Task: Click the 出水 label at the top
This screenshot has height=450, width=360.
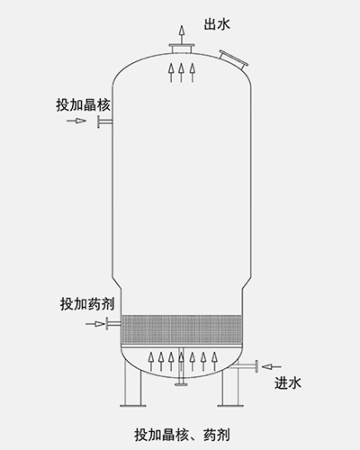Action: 217,24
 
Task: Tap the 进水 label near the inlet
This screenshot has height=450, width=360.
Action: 288,383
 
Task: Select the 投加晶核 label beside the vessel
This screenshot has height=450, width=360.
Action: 83,105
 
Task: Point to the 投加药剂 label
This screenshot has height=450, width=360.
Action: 87,304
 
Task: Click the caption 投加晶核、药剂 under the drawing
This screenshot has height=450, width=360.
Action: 182,436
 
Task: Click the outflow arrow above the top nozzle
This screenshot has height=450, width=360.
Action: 181,34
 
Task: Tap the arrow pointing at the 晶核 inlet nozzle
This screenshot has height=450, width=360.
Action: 76,121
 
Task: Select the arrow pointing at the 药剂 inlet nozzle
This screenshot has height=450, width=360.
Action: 95,324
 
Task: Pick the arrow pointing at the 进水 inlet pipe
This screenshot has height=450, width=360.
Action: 272,366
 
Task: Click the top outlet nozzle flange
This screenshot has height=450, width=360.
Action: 181,49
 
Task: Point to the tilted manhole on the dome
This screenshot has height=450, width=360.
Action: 234,59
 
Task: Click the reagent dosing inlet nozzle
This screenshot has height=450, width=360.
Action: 112,324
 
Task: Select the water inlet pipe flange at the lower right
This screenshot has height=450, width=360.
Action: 256,366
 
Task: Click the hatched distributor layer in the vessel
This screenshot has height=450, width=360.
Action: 181,329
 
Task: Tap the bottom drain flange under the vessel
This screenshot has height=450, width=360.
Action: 181,384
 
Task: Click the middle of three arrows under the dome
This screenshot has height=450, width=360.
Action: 181,72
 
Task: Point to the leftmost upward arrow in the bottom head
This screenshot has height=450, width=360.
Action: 151,362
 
